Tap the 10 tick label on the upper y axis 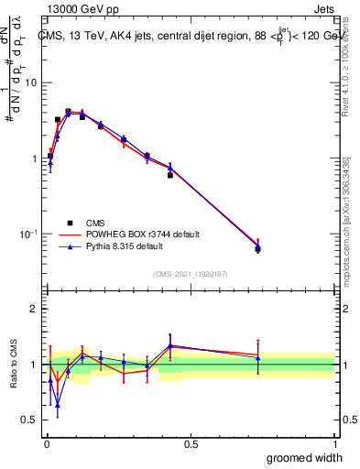click(30, 82)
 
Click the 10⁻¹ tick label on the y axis click(27, 234)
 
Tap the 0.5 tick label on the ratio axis click(30, 420)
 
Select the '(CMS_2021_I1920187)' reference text click(191, 272)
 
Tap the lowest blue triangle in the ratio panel click(58, 404)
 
